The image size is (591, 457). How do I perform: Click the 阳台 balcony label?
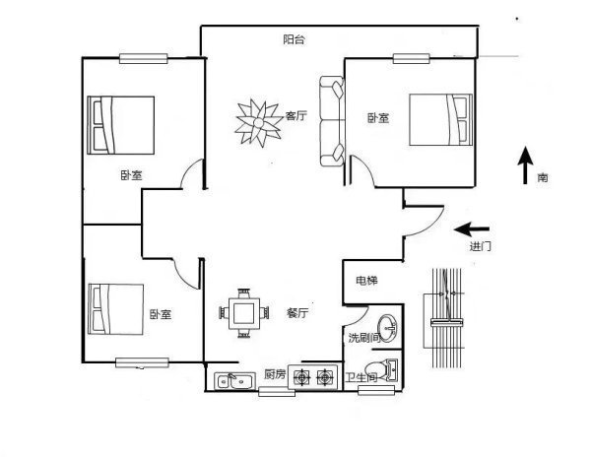point(294,39)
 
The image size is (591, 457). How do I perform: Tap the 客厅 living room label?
point(295,115)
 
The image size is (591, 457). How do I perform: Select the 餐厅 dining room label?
point(297,312)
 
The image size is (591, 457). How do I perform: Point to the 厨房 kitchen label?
point(275,374)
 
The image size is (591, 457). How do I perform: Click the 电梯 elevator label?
point(366,281)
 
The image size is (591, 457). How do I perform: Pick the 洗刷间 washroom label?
point(364,338)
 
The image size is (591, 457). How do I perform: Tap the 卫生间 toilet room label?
point(361,377)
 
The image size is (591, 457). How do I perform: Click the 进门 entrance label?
point(481,246)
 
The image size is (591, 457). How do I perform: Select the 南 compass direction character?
point(543,177)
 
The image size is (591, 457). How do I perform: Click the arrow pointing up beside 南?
point(525,165)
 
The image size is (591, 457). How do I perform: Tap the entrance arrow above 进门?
point(472,228)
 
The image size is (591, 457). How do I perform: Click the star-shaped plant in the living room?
point(258,122)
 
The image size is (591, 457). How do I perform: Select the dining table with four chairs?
point(244,313)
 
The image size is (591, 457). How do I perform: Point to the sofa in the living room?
point(332,121)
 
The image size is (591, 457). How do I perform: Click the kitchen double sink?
point(234,381)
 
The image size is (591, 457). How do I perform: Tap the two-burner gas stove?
point(312,376)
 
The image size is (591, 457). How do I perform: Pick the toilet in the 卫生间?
point(381,370)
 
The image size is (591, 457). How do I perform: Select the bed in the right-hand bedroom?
point(441,119)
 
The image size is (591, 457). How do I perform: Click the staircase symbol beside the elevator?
point(447,318)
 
